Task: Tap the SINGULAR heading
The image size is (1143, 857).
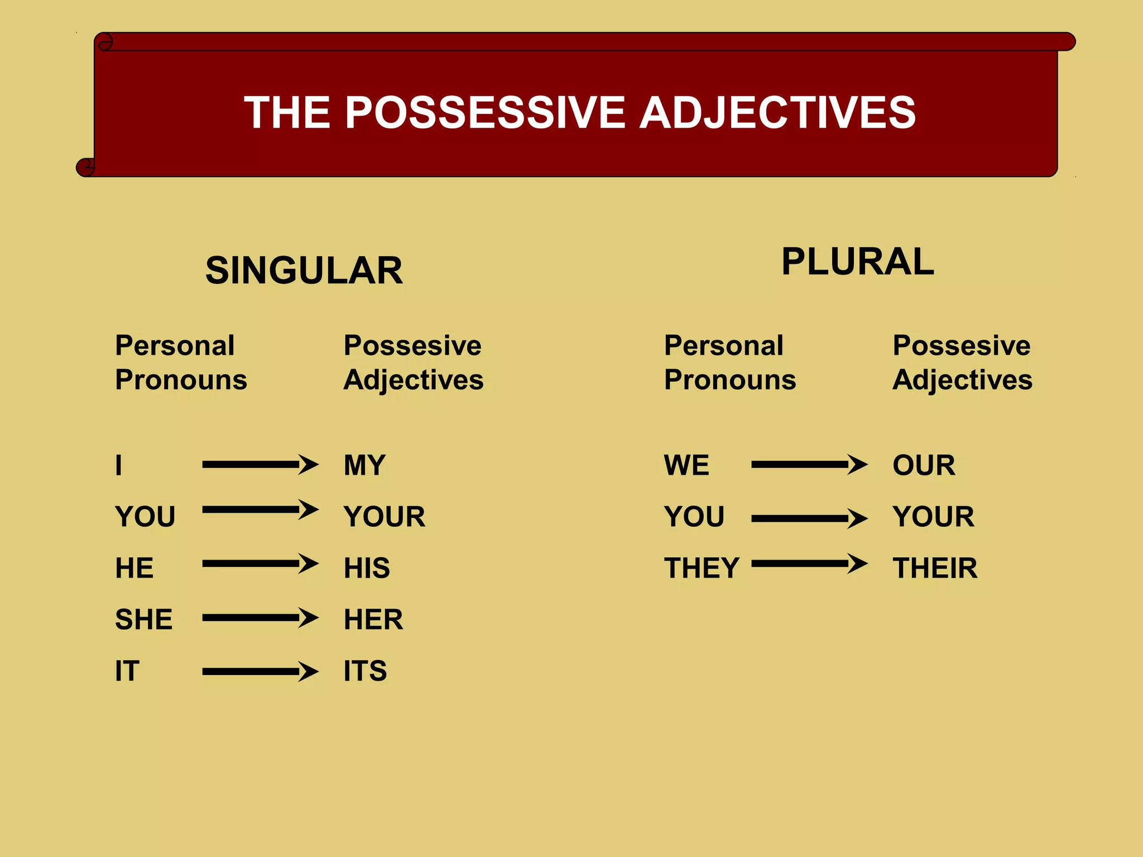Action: [304, 271]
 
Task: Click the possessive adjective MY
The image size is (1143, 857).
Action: [364, 465]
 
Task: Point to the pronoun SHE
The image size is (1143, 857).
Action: [143, 619]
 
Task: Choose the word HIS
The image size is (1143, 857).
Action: [367, 568]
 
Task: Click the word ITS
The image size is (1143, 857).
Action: [365, 671]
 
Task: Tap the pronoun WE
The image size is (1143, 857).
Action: [686, 465]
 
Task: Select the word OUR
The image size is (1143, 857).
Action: [924, 465]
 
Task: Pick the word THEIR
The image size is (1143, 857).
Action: [935, 568]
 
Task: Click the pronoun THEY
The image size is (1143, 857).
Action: [702, 568]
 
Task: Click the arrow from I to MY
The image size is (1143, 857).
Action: [260, 464]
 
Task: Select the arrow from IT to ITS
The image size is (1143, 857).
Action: [260, 671]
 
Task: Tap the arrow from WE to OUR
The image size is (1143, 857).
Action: [809, 464]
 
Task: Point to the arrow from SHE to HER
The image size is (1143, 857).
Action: [260, 618]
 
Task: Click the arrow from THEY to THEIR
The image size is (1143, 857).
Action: [809, 564]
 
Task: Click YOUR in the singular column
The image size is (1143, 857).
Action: [385, 517]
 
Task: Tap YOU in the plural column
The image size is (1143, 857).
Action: [694, 517]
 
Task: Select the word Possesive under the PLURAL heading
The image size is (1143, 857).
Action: [961, 345]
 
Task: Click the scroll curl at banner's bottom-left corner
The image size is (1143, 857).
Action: [85, 167]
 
